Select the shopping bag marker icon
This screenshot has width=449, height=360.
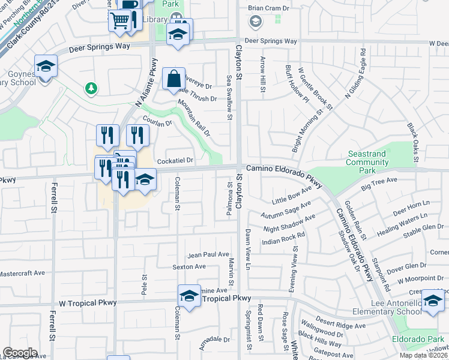pyautogui.click(x=173, y=78)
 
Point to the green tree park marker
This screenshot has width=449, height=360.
pyautogui.click(x=91, y=89)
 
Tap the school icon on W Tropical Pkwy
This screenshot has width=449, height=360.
pyautogui.click(x=189, y=295)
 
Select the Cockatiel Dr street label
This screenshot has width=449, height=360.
pyautogui.click(x=175, y=161)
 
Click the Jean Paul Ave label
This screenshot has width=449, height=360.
pyautogui.click(x=208, y=254)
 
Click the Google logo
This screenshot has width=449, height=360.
pyautogui.click(x=20, y=353)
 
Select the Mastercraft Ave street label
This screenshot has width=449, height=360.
pyautogui.click(x=22, y=273)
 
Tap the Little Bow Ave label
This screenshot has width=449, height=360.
pyautogui.click(x=291, y=194)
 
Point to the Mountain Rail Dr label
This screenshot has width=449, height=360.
pyautogui.click(x=193, y=118)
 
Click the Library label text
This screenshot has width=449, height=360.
pyautogui.click(x=156, y=20)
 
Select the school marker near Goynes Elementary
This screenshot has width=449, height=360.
pyautogui.click(x=45, y=66)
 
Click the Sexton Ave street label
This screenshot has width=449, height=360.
pyautogui.click(x=189, y=266)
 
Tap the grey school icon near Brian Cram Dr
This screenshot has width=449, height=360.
pyautogui.click(x=255, y=22)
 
